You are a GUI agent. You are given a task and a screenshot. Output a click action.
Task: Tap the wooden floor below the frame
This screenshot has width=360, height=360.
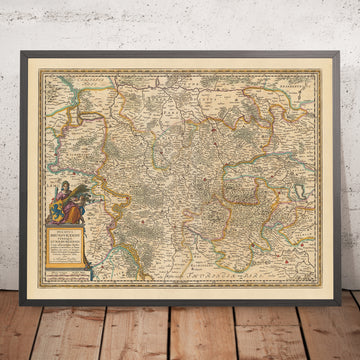(180, 335)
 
